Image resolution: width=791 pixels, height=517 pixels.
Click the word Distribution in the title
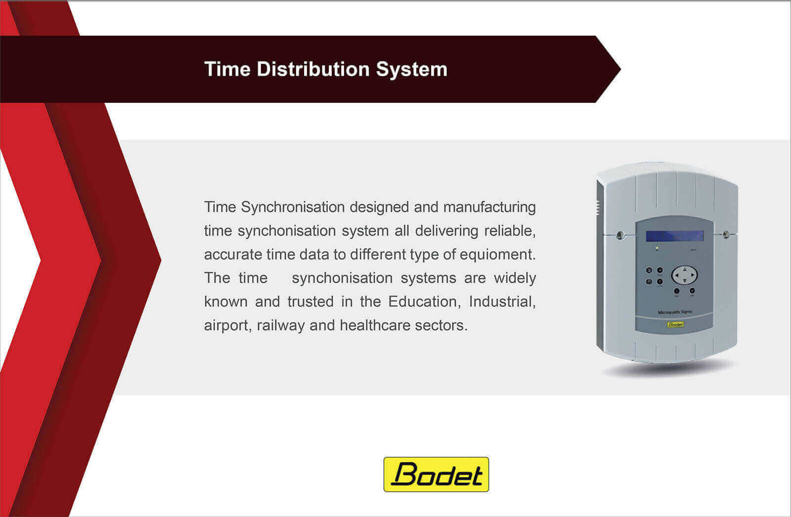pyautogui.click(x=313, y=69)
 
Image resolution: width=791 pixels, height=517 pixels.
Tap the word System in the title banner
pyautogui.click(x=411, y=70)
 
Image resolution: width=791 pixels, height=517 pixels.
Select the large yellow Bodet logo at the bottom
pyautogui.click(x=436, y=474)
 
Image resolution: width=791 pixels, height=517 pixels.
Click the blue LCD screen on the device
pyautogui.click(x=674, y=236)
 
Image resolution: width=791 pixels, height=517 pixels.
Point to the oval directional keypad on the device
pyautogui.click(x=684, y=275)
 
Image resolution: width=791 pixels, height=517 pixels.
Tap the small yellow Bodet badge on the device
pyautogui.click(x=675, y=325)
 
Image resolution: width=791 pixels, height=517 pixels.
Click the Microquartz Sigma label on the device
pyautogui.click(x=675, y=312)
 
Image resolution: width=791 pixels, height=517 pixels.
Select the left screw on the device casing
pyautogui.click(x=620, y=235)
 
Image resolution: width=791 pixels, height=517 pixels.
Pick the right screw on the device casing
pyautogui.click(x=726, y=234)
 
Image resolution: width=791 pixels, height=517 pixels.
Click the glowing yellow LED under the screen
pyautogui.click(x=657, y=248)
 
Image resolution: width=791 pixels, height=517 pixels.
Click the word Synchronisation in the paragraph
pyautogui.click(x=293, y=207)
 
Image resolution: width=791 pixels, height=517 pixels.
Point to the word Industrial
pyautogui.click(x=502, y=302)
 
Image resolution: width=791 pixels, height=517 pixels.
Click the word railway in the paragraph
pyautogui.click(x=281, y=326)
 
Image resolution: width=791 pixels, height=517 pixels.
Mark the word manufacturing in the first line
pyautogui.click(x=489, y=208)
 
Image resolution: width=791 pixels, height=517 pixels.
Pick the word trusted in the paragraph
pyautogui.click(x=310, y=302)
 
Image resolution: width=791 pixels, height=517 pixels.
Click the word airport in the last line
pyautogui.click(x=228, y=326)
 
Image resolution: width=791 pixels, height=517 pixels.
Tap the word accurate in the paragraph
pyautogui.click(x=233, y=255)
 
